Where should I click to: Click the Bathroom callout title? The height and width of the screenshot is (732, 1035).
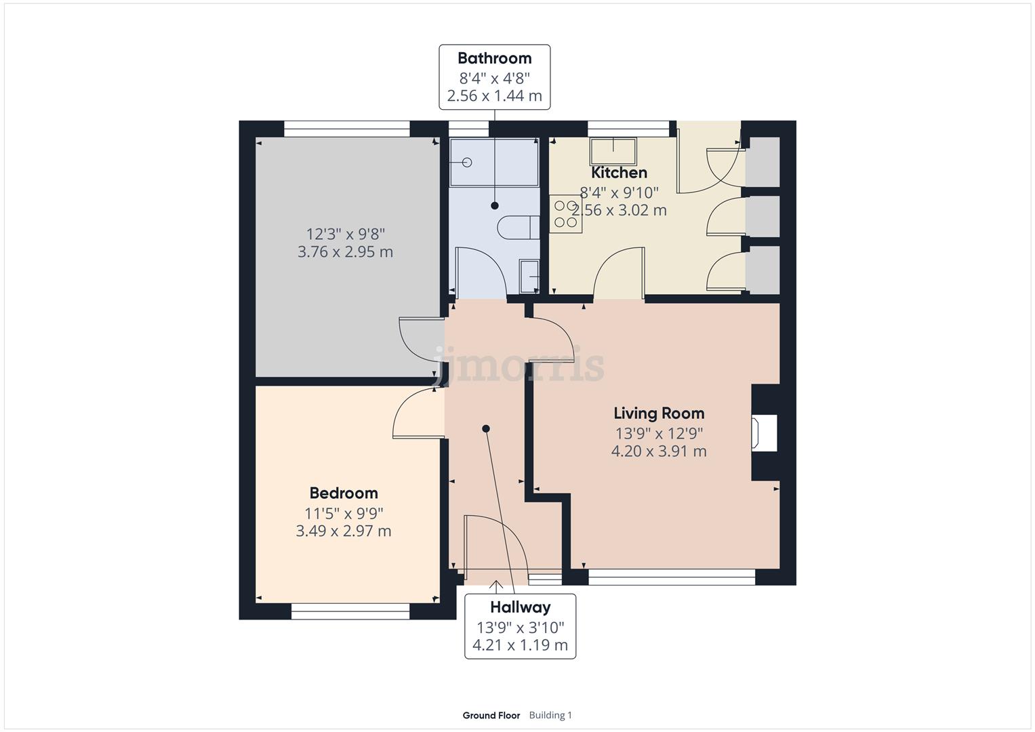[x=494, y=58]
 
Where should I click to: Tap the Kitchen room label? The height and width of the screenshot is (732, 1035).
[x=619, y=173]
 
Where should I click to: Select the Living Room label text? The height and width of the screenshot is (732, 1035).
[x=659, y=413]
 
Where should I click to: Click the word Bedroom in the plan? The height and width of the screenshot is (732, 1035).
[x=344, y=493]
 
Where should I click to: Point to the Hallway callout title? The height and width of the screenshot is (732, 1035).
[x=520, y=607]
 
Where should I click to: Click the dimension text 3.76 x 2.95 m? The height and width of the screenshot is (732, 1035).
[x=345, y=252]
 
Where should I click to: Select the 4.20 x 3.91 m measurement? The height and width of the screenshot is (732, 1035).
[x=659, y=451]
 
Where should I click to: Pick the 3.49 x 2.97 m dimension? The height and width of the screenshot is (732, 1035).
[x=344, y=531]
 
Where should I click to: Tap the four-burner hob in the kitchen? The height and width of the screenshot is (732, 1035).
[x=565, y=213]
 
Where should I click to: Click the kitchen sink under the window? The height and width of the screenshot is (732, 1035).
[x=613, y=150]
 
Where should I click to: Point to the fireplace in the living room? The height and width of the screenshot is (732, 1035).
[x=764, y=432]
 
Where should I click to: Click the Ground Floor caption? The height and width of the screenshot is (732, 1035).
[x=491, y=715]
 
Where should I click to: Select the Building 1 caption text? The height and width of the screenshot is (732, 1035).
[x=550, y=715]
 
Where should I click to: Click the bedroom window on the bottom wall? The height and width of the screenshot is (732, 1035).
[x=350, y=613]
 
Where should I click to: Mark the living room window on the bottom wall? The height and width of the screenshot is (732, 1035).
[x=671, y=577]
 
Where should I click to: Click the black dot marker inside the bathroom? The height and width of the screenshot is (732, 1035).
[x=495, y=205]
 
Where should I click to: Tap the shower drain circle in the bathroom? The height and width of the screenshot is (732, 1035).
[x=467, y=162]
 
